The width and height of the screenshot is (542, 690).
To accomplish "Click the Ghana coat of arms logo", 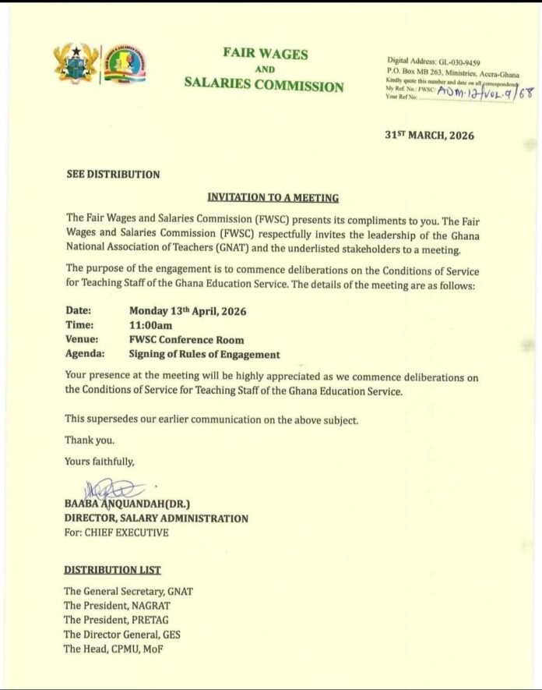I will (x=76, y=63).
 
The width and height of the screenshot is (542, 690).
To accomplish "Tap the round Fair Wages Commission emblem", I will (x=125, y=64).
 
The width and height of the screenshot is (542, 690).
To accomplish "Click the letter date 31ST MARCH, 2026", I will (x=429, y=135).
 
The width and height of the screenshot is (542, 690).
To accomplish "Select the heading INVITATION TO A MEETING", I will (x=273, y=198).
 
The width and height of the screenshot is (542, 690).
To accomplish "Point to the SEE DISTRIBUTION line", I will (x=113, y=175).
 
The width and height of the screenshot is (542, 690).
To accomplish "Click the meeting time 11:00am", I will (x=151, y=325).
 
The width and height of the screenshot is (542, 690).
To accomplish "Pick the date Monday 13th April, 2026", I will (x=188, y=311).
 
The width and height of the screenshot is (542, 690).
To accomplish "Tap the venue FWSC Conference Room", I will (x=186, y=340).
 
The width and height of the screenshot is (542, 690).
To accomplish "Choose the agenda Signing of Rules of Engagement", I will (x=204, y=354).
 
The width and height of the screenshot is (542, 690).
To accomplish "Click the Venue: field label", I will (x=83, y=340).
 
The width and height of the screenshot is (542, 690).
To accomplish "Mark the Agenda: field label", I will (x=85, y=354).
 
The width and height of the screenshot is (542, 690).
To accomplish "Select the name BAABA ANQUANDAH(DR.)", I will (x=127, y=504).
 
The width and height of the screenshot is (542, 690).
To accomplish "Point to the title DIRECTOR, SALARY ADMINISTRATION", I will (x=157, y=518).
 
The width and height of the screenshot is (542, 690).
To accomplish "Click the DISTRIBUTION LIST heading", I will (x=113, y=570).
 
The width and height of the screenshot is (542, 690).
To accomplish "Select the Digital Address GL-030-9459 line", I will (x=433, y=61).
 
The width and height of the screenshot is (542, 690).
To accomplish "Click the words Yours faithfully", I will (x=100, y=462).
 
